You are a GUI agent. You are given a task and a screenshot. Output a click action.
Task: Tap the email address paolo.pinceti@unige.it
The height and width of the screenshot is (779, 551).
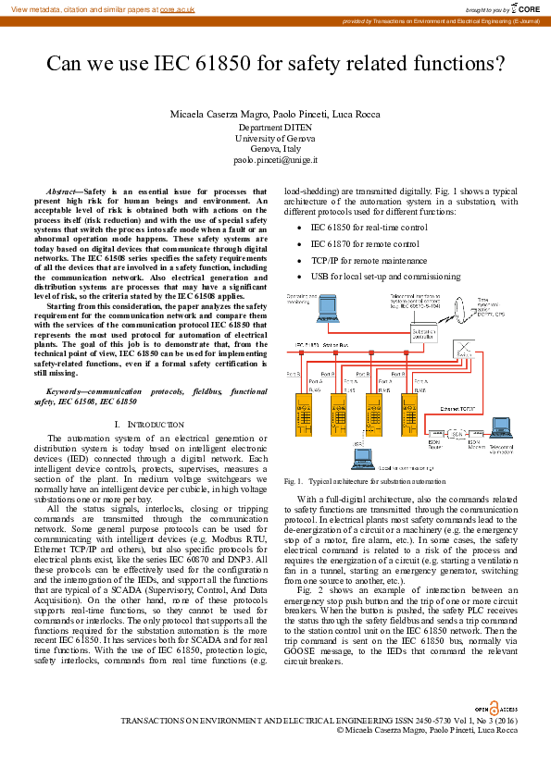click(x=275, y=160)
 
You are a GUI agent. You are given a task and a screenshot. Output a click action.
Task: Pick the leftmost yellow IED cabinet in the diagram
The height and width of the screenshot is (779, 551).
click(x=303, y=415)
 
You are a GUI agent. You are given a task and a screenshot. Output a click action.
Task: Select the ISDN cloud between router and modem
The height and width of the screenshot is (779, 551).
click(x=457, y=433)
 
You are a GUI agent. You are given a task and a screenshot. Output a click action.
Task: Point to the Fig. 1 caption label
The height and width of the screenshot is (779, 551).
click(x=294, y=482)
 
